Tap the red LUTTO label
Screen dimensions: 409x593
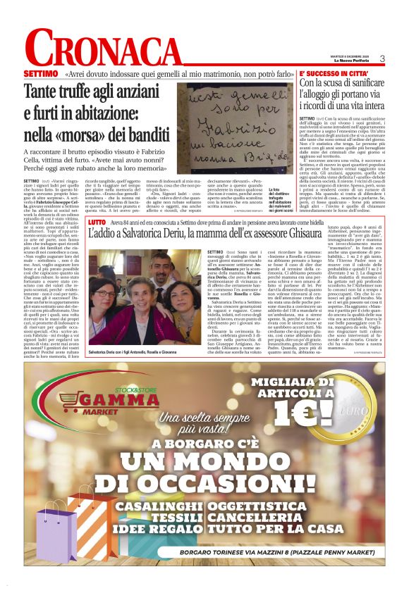tap(97, 222)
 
